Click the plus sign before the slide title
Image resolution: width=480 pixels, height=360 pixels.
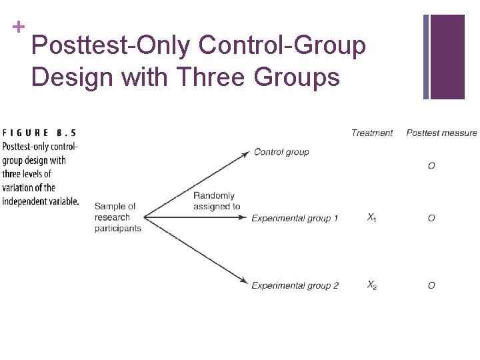(x=19, y=27)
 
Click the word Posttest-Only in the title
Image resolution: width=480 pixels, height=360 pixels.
(x=110, y=46)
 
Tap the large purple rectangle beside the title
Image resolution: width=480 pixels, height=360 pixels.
(x=447, y=57)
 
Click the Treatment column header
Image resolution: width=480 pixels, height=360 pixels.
(x=372, y=133)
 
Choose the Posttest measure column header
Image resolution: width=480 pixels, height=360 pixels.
(x=441, y=133)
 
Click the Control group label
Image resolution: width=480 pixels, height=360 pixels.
(x=281, y=152)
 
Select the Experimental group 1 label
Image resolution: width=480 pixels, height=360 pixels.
(x=295, y=218)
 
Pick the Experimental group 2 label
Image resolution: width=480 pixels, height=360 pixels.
(x=295, y=285)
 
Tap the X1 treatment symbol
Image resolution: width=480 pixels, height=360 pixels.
(x=371, y=218)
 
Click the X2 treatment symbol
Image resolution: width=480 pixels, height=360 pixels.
(x=371, y=285)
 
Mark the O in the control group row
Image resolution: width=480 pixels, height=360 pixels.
(x=431, y=165)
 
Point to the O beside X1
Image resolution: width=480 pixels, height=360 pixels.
(x=431, y=218)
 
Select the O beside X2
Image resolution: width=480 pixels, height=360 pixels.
(x=431, y=285)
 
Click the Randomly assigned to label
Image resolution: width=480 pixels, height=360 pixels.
(x=216, y=201)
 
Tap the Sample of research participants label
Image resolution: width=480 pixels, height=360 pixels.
(x=117, y=217)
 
